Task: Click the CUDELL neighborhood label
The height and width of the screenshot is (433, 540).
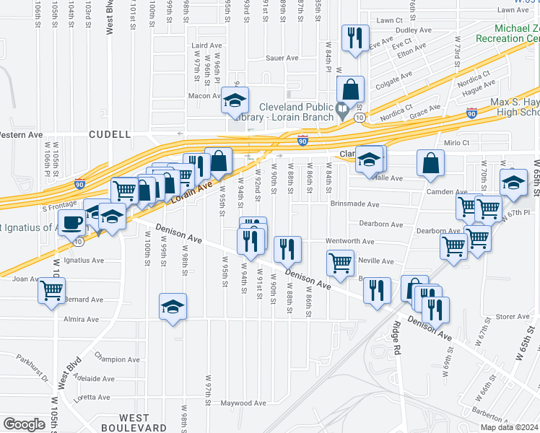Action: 110,134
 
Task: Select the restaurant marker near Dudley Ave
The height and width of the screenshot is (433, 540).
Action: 355,39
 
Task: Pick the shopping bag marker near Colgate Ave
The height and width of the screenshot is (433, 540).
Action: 350,90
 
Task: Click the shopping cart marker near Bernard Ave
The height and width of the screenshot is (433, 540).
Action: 52,291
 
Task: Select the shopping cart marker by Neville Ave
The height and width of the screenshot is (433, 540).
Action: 340,263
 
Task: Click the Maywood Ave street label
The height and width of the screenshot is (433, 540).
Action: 239,403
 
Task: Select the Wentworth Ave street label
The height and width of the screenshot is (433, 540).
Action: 349,242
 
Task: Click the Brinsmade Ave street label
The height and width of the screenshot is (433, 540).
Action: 354,204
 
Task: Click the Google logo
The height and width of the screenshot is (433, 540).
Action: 24,424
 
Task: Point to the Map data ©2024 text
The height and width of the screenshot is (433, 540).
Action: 510,427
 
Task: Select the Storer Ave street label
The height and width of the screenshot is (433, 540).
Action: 513,316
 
